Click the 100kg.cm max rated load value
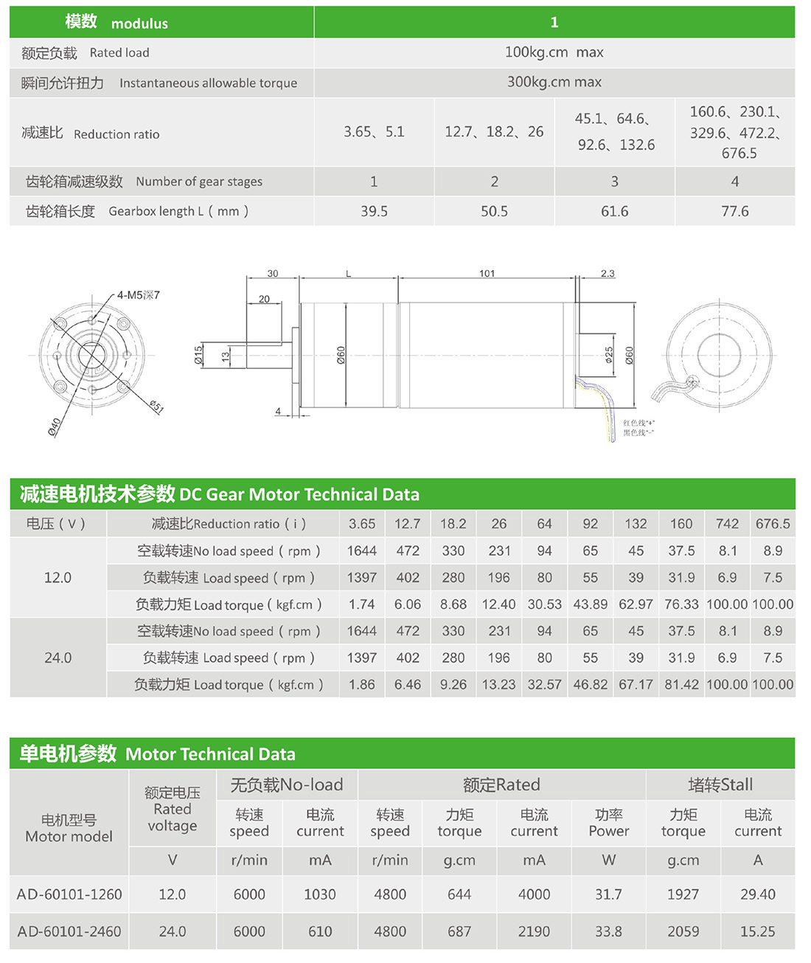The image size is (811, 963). pos(554,52)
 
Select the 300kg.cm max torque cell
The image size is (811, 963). pos(554,82)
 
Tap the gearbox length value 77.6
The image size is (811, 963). pos(734,211)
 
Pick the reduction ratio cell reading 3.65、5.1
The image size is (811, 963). pos(374,132)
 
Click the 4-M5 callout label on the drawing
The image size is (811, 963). pos(138,295)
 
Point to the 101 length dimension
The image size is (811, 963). pos(487,273)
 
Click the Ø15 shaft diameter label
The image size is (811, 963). pos(198,355)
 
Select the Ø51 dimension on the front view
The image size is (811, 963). pos(156,407)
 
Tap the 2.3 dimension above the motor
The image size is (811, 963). pos(607,273)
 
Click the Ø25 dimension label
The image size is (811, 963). pos(609,355)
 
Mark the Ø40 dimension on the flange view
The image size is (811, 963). pos(55,427)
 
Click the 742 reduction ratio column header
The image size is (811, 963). pos(727,524)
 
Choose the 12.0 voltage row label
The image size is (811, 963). pos(58,578)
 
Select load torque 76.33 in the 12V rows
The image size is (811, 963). pos(681,604)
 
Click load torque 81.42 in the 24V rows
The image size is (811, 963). pos(681,685)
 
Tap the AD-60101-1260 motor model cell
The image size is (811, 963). pos(69,894)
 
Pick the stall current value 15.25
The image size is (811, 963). pos(757,931)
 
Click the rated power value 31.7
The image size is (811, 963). pos(608,894)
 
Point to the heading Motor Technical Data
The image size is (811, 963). pos(210,754)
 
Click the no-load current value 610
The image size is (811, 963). pos(320,931)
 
